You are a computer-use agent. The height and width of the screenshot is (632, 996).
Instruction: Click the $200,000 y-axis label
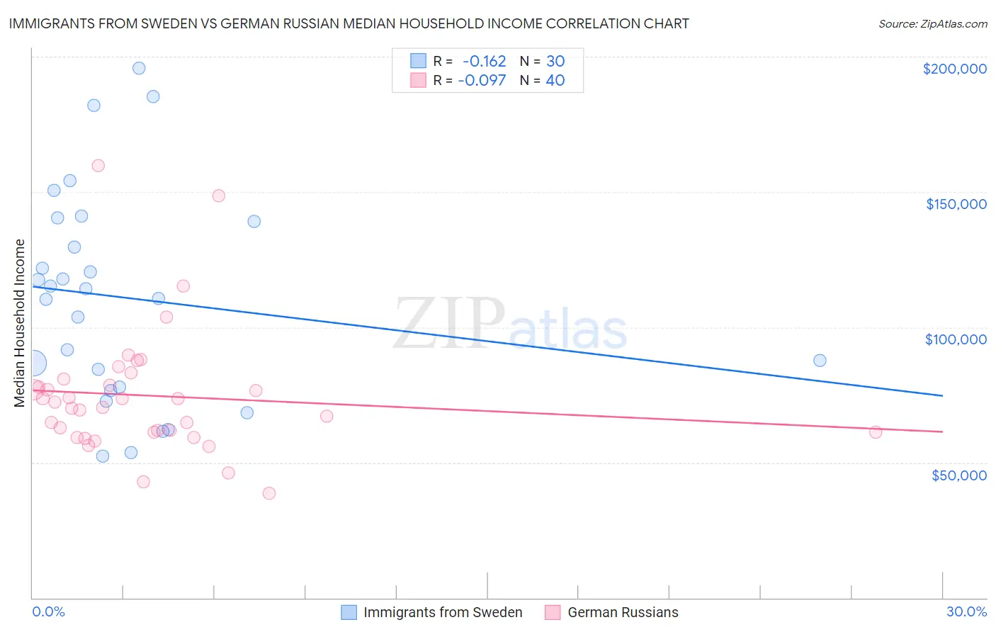(x=954, y=69)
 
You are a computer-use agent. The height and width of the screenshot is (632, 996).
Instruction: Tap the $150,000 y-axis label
(x=956, y=204)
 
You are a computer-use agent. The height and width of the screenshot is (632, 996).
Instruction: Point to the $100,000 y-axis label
(x=956, y=339)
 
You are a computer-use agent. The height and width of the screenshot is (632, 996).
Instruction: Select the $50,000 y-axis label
(x=958, y=475)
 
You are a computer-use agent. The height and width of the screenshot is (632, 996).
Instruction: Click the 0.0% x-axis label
(x=48, y=611)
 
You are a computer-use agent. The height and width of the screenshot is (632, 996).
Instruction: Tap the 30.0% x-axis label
(x=966, y=611)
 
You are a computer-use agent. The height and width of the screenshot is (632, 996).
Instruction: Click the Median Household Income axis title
(x=20, y=323)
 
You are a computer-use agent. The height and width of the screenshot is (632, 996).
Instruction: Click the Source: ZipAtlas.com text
(x=932, y=24)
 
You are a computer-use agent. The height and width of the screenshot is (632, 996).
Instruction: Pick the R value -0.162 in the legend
(x=484, y=61)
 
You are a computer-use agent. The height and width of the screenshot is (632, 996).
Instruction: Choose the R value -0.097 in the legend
(x=482, y=80)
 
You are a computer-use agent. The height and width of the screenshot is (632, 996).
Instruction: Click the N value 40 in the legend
(x=555, y=80)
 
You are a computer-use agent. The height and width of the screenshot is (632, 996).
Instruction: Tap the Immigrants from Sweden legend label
(x=443, y=612)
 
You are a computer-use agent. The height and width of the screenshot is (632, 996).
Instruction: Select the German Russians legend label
(x=623, y=612)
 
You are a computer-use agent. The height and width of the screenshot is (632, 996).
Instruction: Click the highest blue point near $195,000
(x=139, y=68)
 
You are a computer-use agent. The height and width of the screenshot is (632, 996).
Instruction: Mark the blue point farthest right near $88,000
(x=820, y=360)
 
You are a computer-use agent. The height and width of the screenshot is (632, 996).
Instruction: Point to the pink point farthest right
(x=876, y=432)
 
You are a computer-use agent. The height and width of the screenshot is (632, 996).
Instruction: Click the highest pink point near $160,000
(x=98, y=166)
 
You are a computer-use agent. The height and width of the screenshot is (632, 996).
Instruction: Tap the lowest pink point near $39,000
(x=269, y=493)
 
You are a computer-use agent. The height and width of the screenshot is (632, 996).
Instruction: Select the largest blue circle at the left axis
(x=33, y=363)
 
